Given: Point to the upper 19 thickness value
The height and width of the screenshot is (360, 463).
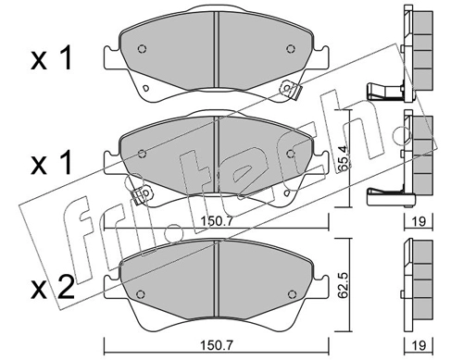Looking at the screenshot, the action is tap(419, 221).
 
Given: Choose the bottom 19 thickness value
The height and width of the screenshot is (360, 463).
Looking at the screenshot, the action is tap(419, 345).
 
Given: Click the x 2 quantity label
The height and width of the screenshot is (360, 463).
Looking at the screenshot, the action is tap(53, 288).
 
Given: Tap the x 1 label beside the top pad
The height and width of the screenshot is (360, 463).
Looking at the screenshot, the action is tap(52, 57).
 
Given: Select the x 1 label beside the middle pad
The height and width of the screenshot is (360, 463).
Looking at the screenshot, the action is tap(52, 163).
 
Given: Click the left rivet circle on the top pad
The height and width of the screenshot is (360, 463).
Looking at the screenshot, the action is tap(142, 49).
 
